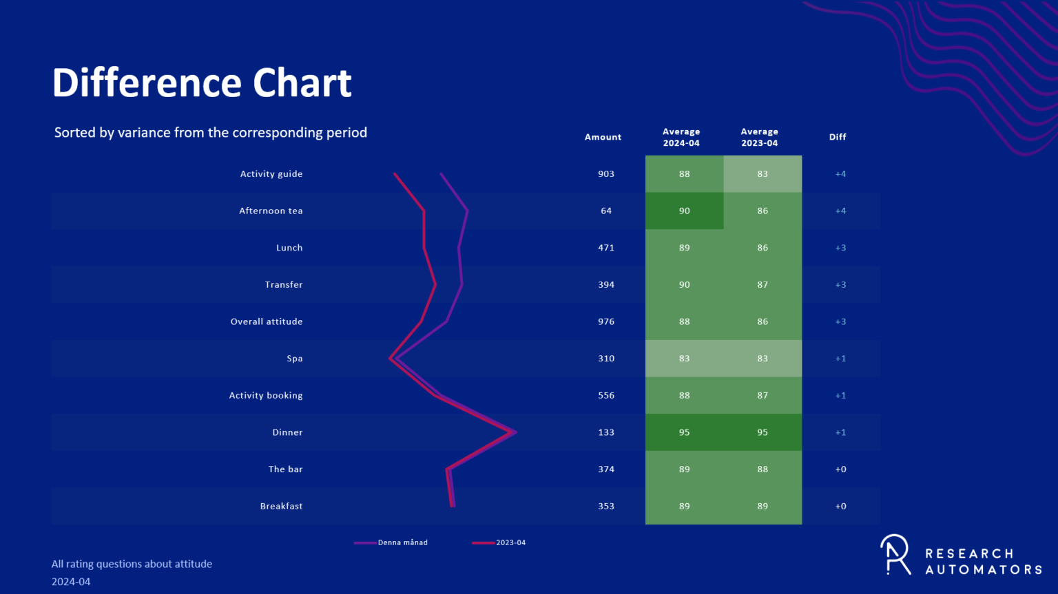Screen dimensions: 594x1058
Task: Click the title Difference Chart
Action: pos(202,83)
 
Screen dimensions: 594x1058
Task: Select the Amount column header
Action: pos(603,137)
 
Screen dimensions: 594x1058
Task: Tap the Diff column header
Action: pos(838,137)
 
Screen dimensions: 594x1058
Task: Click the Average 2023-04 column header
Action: pos(759,137)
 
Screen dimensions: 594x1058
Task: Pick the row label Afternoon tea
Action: pos(271,211)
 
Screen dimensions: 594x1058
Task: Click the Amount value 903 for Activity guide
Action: pos(606,174)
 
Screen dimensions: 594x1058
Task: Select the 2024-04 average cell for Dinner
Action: pos(684,432)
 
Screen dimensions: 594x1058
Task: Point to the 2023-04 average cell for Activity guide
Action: pos(763,174)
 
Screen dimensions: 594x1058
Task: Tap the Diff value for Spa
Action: pos(840,359)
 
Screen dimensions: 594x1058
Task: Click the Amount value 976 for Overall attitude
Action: pos(606,321)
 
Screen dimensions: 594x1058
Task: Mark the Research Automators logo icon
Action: pos(895,554)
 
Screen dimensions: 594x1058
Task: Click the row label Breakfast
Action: pos(281,506)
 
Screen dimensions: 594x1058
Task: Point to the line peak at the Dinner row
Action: pos(515,432)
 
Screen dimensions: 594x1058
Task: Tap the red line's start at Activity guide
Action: pos(395,174)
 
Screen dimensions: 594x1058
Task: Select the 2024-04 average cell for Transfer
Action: pos(684,284)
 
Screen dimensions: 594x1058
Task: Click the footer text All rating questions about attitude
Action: pos(132,564)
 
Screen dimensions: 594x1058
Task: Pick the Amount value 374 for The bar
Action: pos(606,469)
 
